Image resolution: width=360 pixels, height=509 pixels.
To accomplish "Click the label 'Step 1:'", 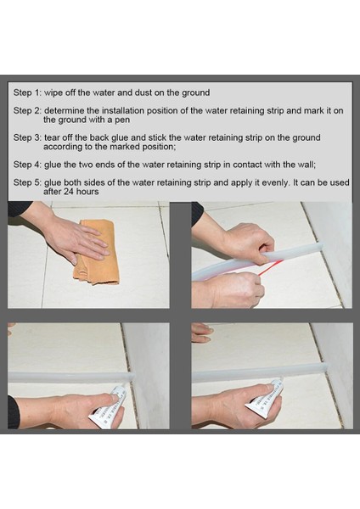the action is coord(27,92).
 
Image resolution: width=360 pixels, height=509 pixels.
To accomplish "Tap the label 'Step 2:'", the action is coord(27,110).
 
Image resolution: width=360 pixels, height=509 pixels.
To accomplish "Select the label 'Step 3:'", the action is coord(27,137).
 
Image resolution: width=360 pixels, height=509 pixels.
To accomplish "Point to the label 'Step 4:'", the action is coord(27,165).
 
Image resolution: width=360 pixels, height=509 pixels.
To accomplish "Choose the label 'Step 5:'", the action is coord(27,182).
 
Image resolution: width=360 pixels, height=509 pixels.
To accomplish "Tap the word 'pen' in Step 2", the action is coord(122,120).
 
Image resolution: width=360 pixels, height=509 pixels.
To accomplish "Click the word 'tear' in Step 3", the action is coord(52,138).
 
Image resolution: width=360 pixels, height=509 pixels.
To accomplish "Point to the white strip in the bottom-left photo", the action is coord(70,377).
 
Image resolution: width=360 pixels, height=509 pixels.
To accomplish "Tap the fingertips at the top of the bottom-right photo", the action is coord(202,333).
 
